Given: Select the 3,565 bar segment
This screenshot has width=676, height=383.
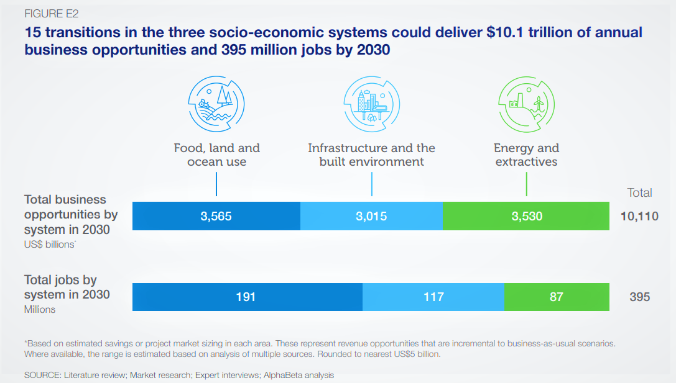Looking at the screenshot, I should (216, 216).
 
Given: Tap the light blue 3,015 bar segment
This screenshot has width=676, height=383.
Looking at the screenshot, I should (371, 216).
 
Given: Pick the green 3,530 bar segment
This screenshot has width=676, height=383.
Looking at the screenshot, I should (526, 216).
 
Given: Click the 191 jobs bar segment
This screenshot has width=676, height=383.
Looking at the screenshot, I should (246, 297).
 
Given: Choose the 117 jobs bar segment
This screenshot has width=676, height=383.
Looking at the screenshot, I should (433, 297).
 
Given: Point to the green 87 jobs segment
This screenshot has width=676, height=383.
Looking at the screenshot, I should (557, 297).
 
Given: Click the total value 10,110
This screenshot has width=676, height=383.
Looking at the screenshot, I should (639, 216).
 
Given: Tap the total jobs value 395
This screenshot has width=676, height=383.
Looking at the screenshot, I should (639, 297).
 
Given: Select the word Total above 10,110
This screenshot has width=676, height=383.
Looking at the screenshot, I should (639, 192).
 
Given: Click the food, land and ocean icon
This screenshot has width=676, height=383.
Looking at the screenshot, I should (216, 102).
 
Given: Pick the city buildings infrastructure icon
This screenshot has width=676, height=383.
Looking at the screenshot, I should (371, 102).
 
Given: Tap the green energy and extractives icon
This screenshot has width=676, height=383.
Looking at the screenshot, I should (526, 102).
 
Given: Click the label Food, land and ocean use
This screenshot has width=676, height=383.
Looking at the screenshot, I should (216, 155).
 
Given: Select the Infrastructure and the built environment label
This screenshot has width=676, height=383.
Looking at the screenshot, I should (371, 155).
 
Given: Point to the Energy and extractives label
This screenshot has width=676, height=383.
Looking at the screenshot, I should (526, 155).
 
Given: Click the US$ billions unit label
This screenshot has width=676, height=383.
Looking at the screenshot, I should (50, 245).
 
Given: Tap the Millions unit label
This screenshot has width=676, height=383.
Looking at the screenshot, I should (40, 309).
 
